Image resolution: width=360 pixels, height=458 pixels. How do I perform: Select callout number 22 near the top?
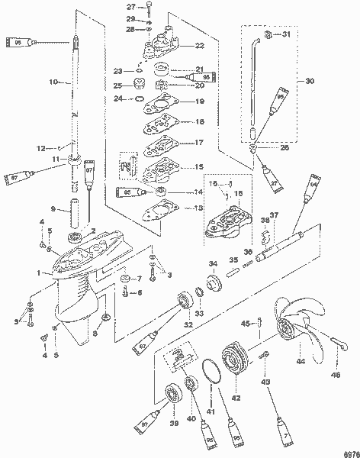click(x=199, y=46)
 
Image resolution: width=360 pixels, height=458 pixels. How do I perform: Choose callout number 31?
click(x=285, y=35)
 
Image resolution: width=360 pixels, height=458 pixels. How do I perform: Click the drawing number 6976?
click(x=349, y=450)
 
